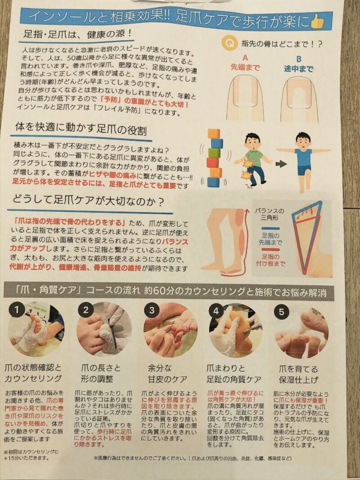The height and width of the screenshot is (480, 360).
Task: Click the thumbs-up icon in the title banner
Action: [x=317, y=22]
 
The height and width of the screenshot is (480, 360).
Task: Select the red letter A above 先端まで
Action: [x=245, y=58]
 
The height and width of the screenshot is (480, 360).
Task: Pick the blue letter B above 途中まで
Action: [x=298, y=59]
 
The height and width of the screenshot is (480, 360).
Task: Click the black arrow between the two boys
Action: [x=281, y=164]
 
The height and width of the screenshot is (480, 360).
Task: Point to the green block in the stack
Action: [x=214, y=153]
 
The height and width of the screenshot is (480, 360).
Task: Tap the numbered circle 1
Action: [x=17, y=310]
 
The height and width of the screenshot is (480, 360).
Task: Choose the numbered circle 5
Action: [x=282, y=312]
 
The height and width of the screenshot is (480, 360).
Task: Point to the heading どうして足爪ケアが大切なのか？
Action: [x=89, y=201]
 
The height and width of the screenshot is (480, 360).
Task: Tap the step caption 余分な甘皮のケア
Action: [x=167, y=373]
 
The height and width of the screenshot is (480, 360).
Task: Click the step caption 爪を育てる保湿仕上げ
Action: [x=298, y=374]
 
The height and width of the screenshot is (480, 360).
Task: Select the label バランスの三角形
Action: [x=270, y=214]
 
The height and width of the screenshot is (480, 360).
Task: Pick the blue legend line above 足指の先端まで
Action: [x=270, y=229]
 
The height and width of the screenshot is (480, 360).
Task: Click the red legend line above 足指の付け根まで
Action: [x=270, y=250]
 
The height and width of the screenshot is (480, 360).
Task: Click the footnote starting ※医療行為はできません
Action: [x=193, y=458]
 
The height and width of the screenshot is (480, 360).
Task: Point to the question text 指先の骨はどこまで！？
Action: [x=282, y=44]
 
